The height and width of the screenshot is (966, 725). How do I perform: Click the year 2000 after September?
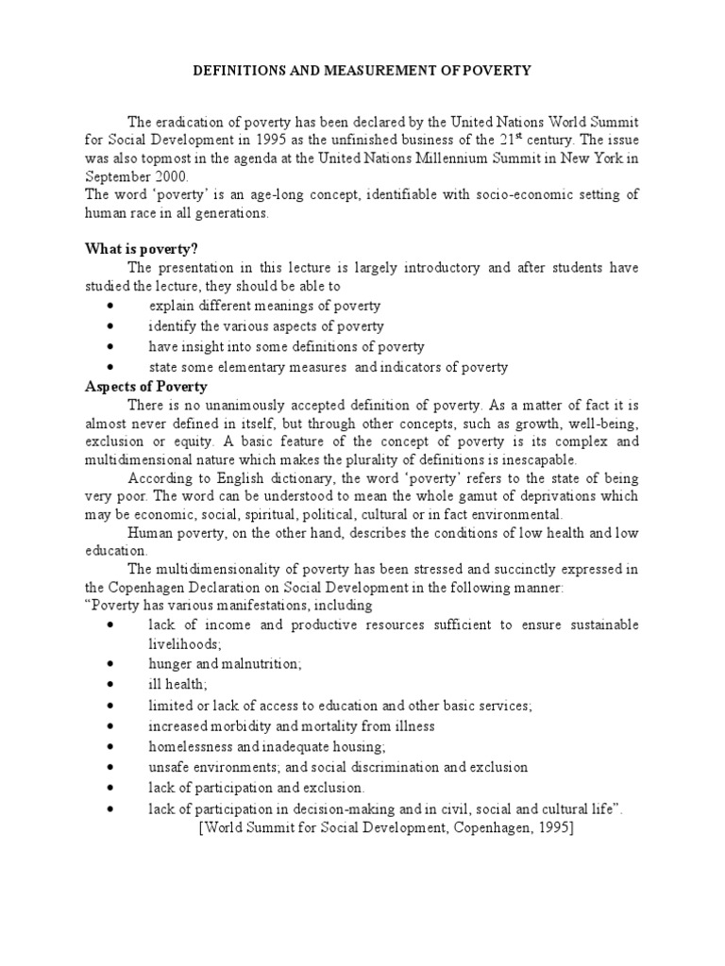(173, 176)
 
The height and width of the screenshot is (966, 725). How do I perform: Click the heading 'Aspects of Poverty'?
(146, 387)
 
